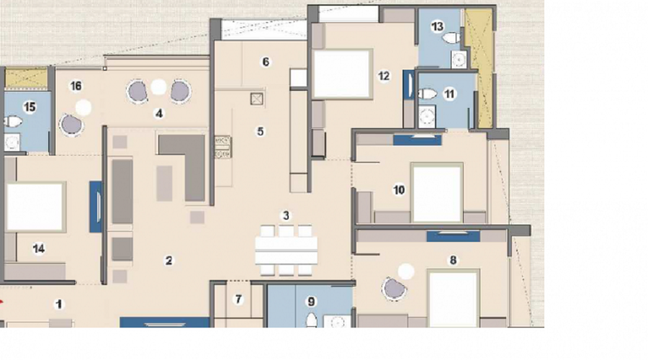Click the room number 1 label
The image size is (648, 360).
click(60, 305)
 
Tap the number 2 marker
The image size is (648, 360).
click(169, 261)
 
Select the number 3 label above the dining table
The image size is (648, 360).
click(286, 215)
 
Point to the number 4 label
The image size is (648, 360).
click(158, 113)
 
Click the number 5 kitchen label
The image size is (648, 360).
click(261, 131)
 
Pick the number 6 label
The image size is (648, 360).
click(266, 62)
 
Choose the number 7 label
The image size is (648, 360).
click(239, 299)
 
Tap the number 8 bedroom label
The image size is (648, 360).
click(453, 260)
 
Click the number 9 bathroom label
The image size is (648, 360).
click(311, 301)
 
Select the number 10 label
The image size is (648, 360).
click(399, 190)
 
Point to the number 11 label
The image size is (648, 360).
click(450, 94)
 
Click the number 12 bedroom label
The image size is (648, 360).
click(383, 75)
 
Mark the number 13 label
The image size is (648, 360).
click(437, 27)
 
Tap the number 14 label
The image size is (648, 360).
click(39, 248)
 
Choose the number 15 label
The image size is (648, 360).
click(30, 107)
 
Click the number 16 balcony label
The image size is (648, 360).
click(76, 86)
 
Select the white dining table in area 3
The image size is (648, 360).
click(286, 250)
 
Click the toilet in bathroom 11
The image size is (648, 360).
click(427, 94)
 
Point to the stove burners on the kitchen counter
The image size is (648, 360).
click(222, 146)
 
